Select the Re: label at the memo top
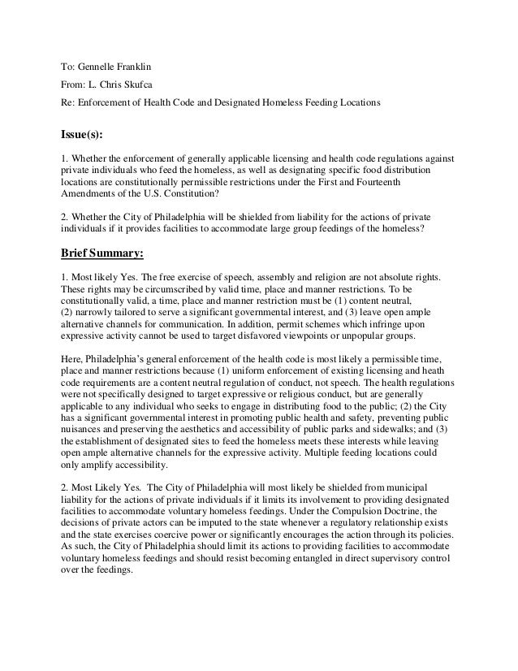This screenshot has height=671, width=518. pyautogui.click(x=69, y=103)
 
